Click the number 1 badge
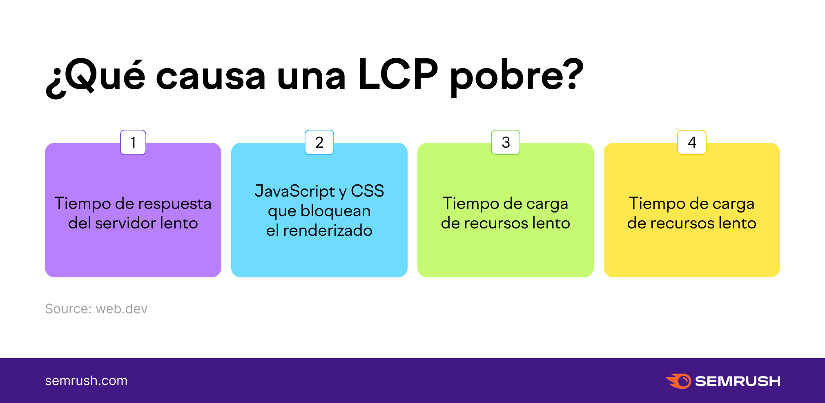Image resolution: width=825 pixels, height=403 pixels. [133, 142]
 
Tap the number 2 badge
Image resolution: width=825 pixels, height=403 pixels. [319, 142]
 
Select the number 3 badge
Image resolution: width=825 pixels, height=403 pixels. [506, 142]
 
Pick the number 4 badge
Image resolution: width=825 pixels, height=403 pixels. [692, 142]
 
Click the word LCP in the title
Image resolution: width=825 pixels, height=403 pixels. [398, 75]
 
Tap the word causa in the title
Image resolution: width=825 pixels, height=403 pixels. [211, 77]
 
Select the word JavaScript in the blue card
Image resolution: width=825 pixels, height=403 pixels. [295, 191]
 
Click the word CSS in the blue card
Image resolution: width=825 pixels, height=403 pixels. [368, 191]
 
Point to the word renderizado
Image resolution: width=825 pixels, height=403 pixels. [328, 230]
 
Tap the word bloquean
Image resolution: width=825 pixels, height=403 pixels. [336, 211]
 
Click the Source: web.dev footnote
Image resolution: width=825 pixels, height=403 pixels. [96, 309]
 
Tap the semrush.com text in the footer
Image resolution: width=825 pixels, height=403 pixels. [86, 381]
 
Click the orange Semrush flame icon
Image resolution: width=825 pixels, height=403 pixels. [678, 381]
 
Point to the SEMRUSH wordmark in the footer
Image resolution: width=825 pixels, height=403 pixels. [738, 381]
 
